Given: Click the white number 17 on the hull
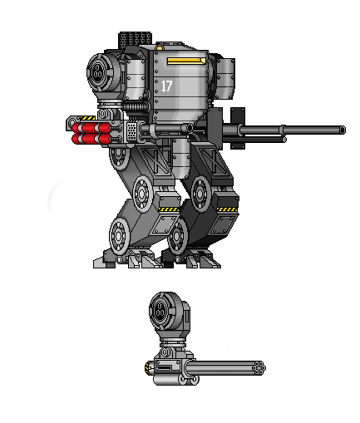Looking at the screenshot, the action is click(167, 86).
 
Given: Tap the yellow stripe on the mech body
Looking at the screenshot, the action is click(186, 61).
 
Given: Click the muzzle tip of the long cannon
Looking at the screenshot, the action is click(343, 130).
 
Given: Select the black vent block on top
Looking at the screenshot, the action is click(135, 39).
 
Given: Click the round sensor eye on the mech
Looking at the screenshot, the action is click(97, 71).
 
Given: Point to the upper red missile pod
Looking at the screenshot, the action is click(91, 128).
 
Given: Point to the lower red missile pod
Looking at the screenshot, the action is click(91, 139).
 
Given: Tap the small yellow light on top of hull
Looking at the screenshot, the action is click(160, 48).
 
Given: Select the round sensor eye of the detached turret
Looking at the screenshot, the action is click(160, 310).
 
